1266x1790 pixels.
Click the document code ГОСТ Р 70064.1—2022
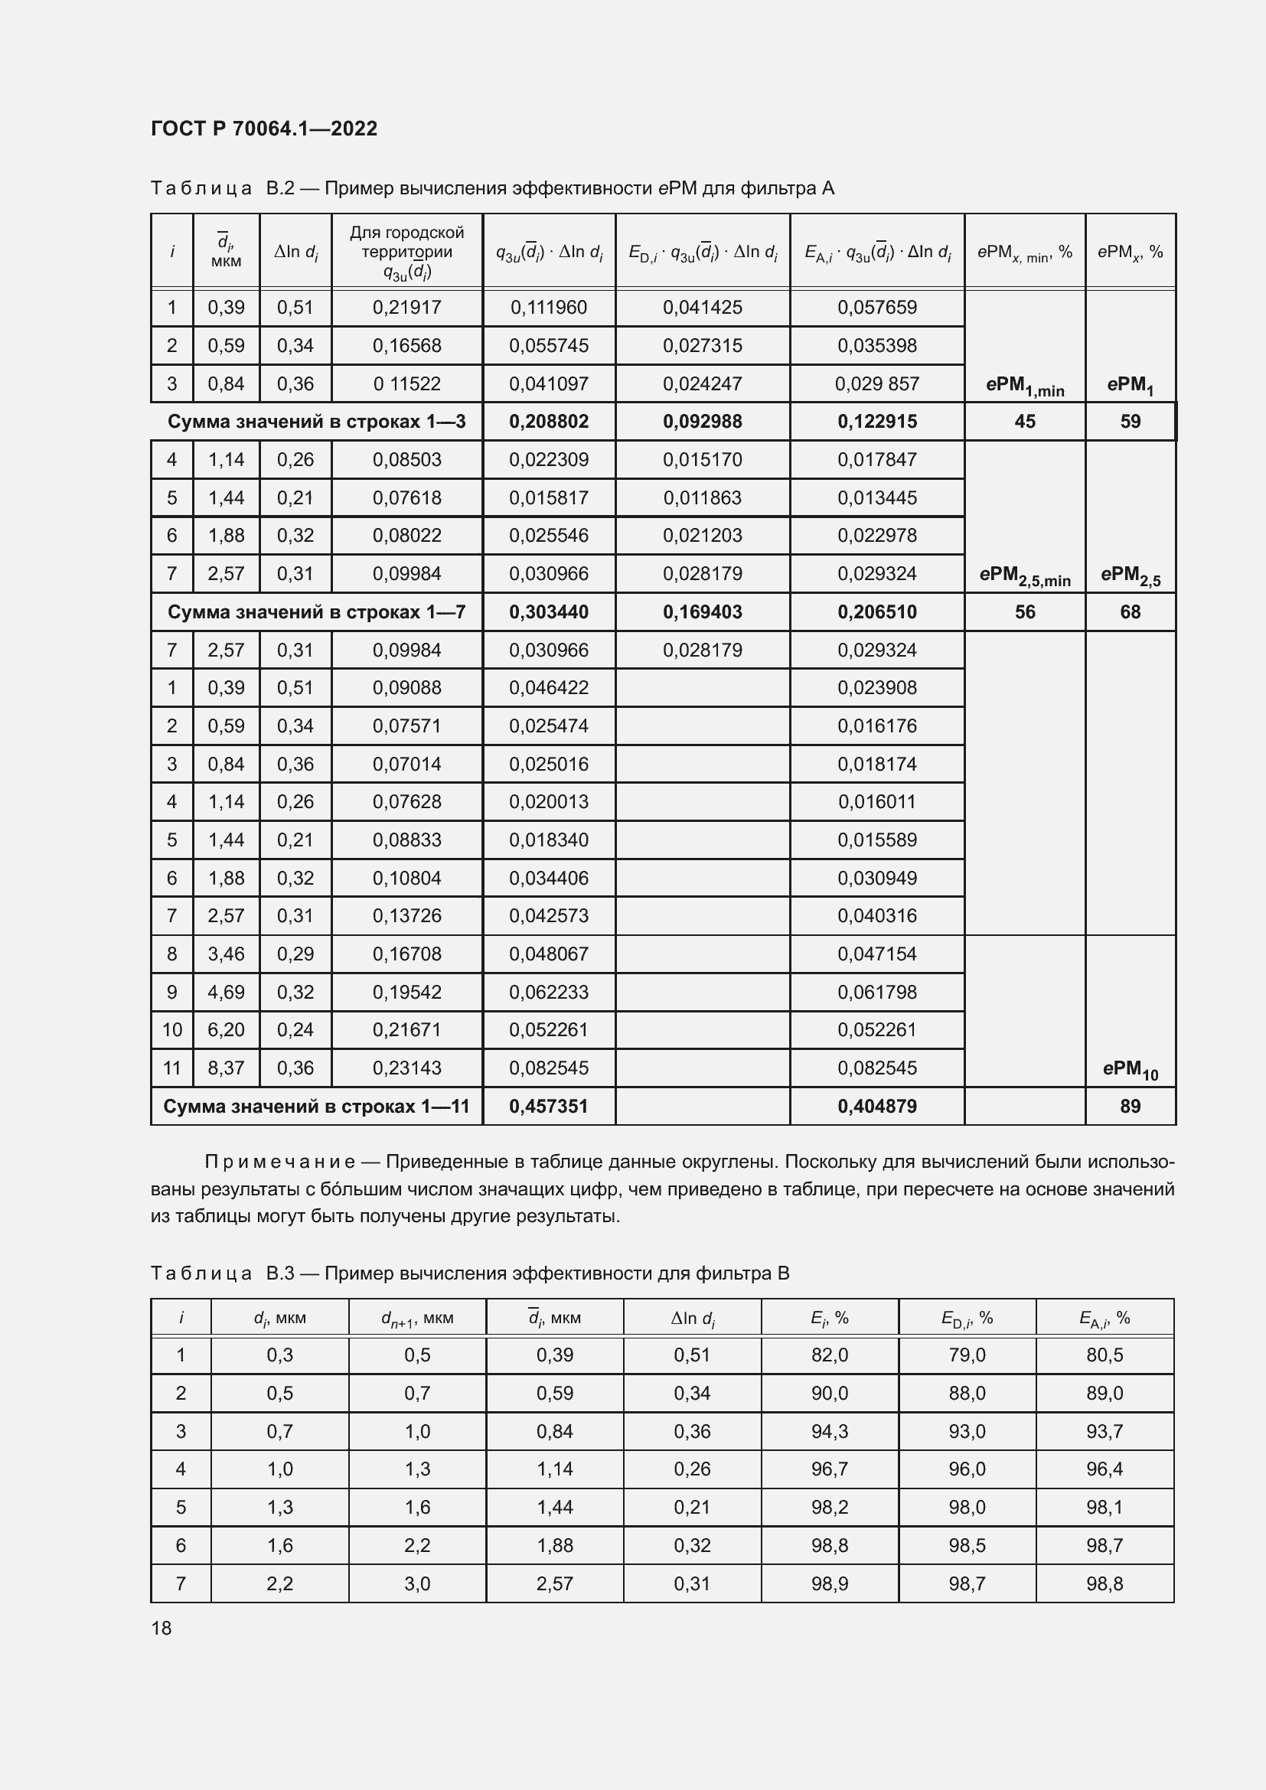point(263,129)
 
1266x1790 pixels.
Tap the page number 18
point(162,1628)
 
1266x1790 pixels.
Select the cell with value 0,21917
point(406,307)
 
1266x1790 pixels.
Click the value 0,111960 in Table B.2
point(549,307)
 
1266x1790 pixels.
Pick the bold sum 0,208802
point(549,422)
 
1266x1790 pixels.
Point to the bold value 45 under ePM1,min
point(1024,422)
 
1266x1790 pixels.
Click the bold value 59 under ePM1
point(1130,422)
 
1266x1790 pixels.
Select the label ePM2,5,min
point(1024,576)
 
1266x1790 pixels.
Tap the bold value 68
point(1130,612)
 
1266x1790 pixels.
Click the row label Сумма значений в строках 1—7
point(317,612)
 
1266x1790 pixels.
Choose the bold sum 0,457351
point(549,1107)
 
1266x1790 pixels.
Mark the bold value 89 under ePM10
point(1130,1107)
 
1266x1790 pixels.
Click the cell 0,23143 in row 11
point(406,1068)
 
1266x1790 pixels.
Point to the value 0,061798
point(877,992)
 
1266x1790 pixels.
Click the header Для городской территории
point(406,242)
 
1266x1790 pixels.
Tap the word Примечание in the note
point(280,1162)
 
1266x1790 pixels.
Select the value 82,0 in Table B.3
point(830,1355)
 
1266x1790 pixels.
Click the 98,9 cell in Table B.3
point(830,1583)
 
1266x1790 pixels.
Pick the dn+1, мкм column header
point(417,1318)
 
